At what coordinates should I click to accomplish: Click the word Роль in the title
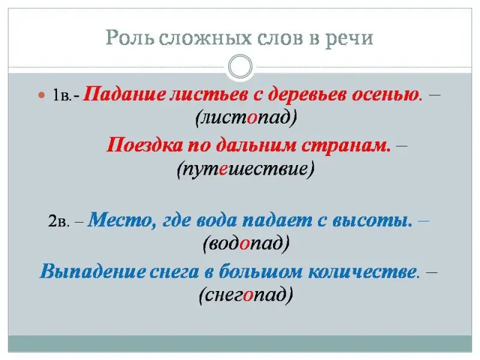pyautogui.click(x=130, y=38)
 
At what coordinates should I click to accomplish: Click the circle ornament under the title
pyautogui.click(x=241, y=67)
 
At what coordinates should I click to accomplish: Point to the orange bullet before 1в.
pyautogui.click(x=41, y=95)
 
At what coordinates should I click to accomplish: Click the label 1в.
pyautogui.click(x=62, y=95)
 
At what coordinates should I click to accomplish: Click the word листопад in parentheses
pyautogui.click(x=247, y=118)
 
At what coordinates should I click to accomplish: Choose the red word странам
pyautogui.click(x=346, y=146)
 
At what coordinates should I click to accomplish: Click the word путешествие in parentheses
pyautogui.click(x=246, y=169)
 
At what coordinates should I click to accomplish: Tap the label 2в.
pyautogui.click(x=59, y=220)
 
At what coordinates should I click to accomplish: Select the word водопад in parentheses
pyautogui.click(x=247, y=244)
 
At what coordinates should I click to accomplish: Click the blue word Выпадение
pyautogui.click(x=92, y=271)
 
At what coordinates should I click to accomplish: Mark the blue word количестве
pyautogui.click(x=364, y=271)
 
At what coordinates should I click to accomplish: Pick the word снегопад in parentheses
pyautogui.click(x=246, y=295)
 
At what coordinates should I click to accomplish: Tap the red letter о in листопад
pyautogui.click(x=251, y=118)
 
